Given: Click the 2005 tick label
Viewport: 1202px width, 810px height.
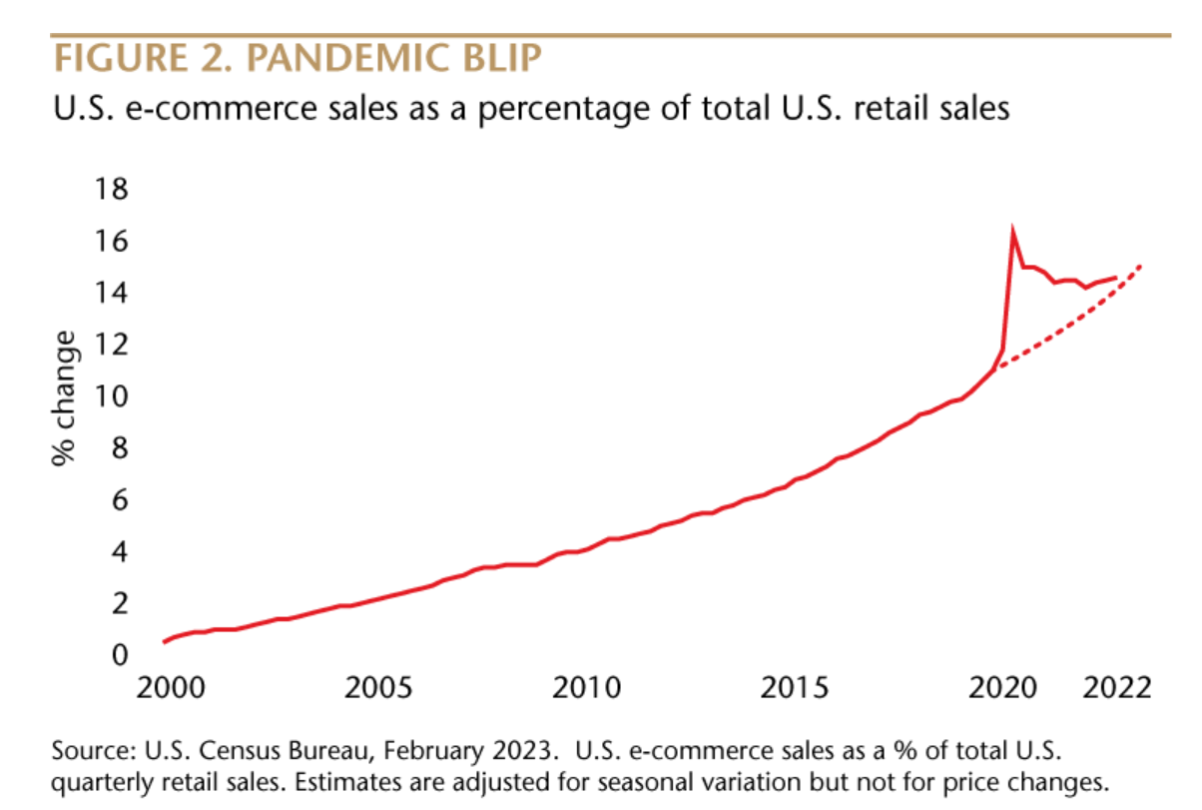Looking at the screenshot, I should [377, 688].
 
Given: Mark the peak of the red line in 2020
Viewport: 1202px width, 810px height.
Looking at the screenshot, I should [1013, 233].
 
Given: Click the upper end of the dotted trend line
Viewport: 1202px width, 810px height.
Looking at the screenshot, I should [1140, 266].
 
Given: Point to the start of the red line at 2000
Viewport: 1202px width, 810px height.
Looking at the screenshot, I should [164, 642].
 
